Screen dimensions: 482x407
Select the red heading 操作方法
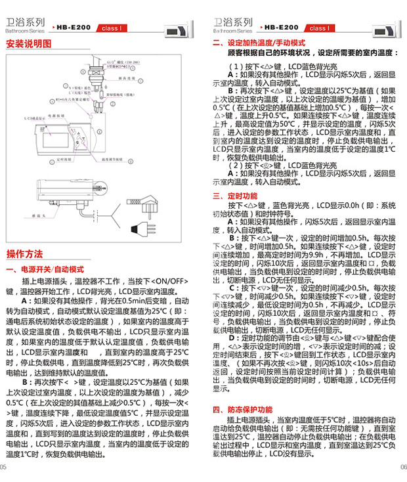pyautogui.click(x=24, y=253)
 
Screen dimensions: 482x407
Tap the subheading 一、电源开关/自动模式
pyautogui.click(x=44, y=269)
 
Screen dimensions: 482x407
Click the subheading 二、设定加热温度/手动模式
pyautogui.click(x=259, y=42)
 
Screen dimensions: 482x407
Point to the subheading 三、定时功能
pyautogui.click(x=234, y=196)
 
